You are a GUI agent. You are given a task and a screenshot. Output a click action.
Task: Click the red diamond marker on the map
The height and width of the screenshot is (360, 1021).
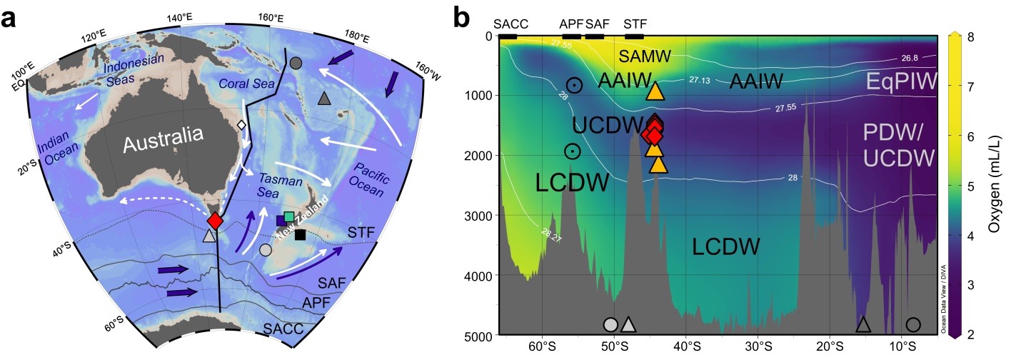point(215,221)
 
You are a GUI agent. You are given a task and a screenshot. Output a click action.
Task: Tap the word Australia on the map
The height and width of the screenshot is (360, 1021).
point(164,139)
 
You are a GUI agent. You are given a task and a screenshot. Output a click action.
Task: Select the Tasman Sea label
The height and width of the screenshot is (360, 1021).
point(275,185)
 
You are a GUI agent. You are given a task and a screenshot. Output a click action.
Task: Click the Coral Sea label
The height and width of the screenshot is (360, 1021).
point(246,84)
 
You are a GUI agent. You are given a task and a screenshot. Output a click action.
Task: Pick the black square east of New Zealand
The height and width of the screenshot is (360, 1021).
point(300,235)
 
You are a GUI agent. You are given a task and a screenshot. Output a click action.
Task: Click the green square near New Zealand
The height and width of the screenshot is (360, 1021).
point(289,216)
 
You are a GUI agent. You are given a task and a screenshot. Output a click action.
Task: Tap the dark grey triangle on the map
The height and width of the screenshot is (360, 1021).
point(324,98)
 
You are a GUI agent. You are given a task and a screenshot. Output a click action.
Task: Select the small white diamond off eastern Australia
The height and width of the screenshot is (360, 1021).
point(241,124)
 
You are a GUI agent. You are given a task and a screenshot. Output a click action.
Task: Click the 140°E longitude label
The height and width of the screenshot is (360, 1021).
point(180,17)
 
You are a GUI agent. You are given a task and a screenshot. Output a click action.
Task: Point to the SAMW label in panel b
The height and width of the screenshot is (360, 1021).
point(645,56)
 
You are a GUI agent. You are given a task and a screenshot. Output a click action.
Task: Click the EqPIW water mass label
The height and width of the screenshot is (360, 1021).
point(902,81)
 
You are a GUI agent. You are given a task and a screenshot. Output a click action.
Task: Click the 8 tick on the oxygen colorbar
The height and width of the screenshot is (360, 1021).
point(970,36)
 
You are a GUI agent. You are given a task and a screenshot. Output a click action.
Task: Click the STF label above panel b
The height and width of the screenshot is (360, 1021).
point(635,24)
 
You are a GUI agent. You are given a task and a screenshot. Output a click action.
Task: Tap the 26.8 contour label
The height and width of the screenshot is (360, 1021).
point(910,58)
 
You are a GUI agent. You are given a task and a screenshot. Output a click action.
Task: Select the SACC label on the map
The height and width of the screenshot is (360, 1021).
point(283,329)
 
